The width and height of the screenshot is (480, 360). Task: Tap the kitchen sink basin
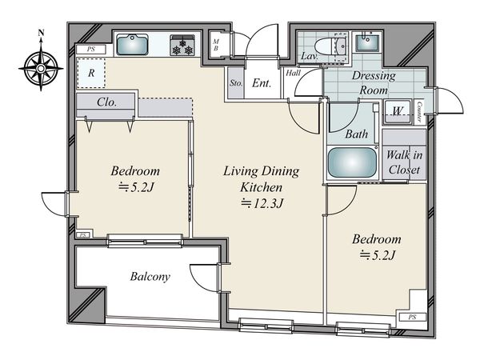[132, 45]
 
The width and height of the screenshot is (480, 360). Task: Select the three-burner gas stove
[182, 46]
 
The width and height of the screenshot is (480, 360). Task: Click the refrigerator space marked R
[91, 73]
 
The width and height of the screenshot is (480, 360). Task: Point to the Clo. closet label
[106, 102]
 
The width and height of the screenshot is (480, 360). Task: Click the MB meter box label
[216, 45]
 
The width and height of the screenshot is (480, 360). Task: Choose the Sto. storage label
[236, 83]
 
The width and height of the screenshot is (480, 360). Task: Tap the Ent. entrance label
[262, 83]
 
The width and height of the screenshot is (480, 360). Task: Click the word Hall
[294, 73]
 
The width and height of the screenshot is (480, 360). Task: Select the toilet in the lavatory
[331, 46]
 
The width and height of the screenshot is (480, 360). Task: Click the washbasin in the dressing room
[367, 42]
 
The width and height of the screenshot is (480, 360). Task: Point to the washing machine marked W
[397, 111]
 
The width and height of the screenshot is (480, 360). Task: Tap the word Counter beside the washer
[419, 112]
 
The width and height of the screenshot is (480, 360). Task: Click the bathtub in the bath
[352, 162]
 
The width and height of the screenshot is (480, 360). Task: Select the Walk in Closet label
[404, 162]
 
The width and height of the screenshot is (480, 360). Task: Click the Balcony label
[150, 277]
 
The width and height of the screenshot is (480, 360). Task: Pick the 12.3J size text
[262, 203]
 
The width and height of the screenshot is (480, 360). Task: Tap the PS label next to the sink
[91, 50]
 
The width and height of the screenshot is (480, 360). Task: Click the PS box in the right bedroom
[412, 317]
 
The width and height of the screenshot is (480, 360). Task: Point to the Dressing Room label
[374, 83]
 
